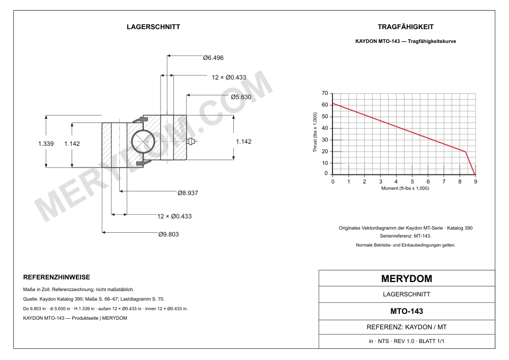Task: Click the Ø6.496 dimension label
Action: click(x=213, y=58)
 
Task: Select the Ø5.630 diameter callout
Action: click(x=241, y=97)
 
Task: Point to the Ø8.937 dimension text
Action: click(x=188, y=193)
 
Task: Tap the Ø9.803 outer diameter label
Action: click(x=169, y=234)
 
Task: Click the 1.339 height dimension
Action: click(x=46, y=144)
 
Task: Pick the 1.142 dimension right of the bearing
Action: click(x=243, y=142)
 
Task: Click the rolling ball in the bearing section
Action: click(x=143, y=142)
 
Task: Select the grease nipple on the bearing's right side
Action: click(x=192, y=142)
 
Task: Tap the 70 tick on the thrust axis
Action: click(x=324, y=93)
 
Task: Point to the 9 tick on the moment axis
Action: click(x=476, y=181)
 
